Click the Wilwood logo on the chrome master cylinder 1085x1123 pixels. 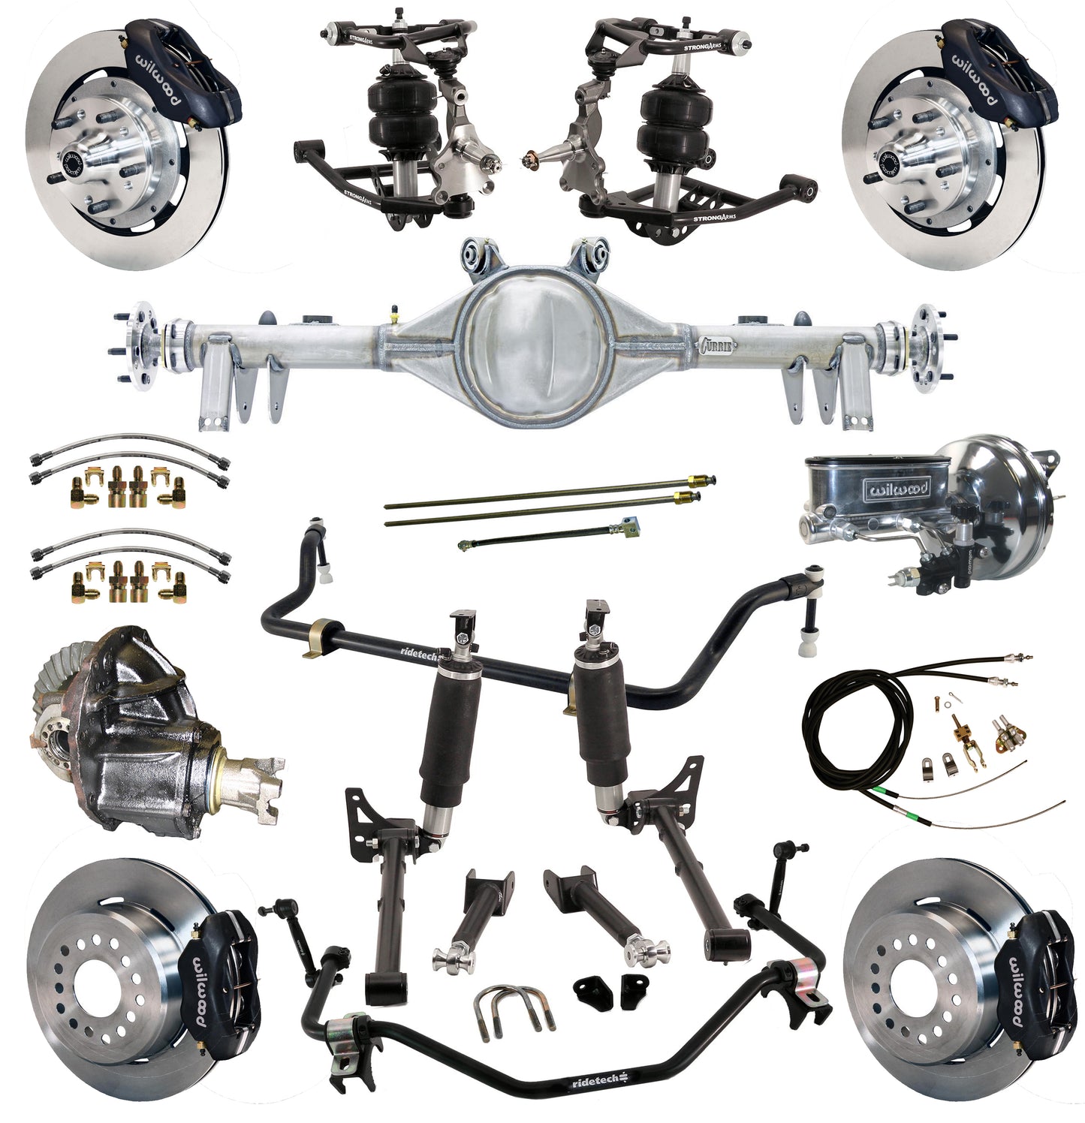pos(899,489)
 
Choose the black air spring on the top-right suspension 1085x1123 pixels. pos(671,124)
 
